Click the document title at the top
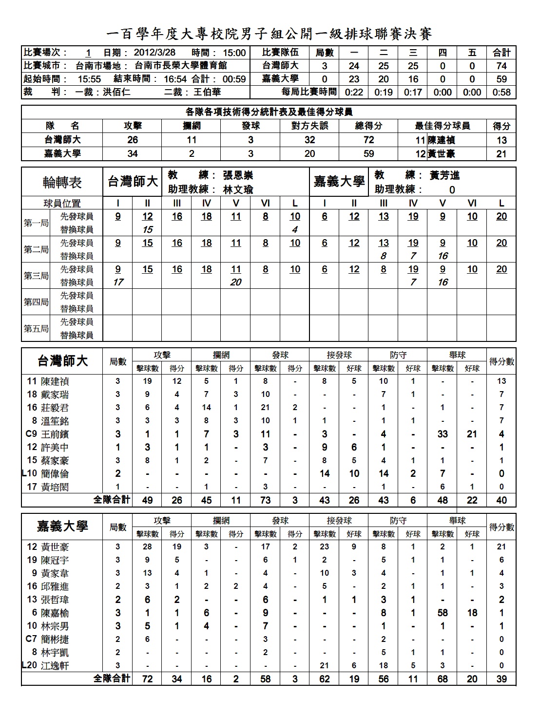[269, 34]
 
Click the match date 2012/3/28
[154, 53]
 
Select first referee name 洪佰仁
[116, 92]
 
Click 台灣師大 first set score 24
[354, 66]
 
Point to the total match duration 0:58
[501, 92]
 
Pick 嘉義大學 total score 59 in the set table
[501, 79]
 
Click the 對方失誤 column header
[309, 126]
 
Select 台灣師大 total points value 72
[368, 140]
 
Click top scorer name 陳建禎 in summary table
[441, 140]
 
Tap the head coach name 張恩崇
[238, 175]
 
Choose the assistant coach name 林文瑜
[238, 189]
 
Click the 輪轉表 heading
[62, 183]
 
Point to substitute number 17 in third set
[118, 282]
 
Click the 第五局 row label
[36, 328]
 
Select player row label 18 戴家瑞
[48, 395]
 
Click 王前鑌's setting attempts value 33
[443, 434]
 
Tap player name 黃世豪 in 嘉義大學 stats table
[55, 547]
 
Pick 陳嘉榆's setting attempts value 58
[443, 613]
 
